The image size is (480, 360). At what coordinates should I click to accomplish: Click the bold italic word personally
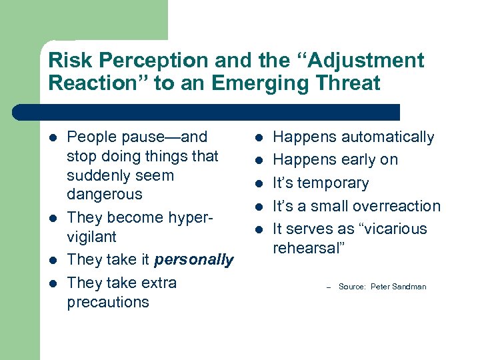point(194,259)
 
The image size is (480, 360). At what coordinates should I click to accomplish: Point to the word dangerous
point(105,195)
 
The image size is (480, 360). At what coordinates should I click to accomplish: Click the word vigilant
point(91,237)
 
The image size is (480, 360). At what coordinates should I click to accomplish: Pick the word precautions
point(108,302)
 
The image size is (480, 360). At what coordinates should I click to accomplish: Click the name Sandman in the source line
point(408,287)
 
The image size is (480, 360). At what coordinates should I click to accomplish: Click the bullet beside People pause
point(53,138)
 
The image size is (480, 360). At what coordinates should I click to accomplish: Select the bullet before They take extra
point(53,283)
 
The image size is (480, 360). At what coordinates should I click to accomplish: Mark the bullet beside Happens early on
point(259,161)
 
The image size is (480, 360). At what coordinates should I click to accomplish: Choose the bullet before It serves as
point(259,229)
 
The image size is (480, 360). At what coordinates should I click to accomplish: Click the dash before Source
point(328,287)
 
